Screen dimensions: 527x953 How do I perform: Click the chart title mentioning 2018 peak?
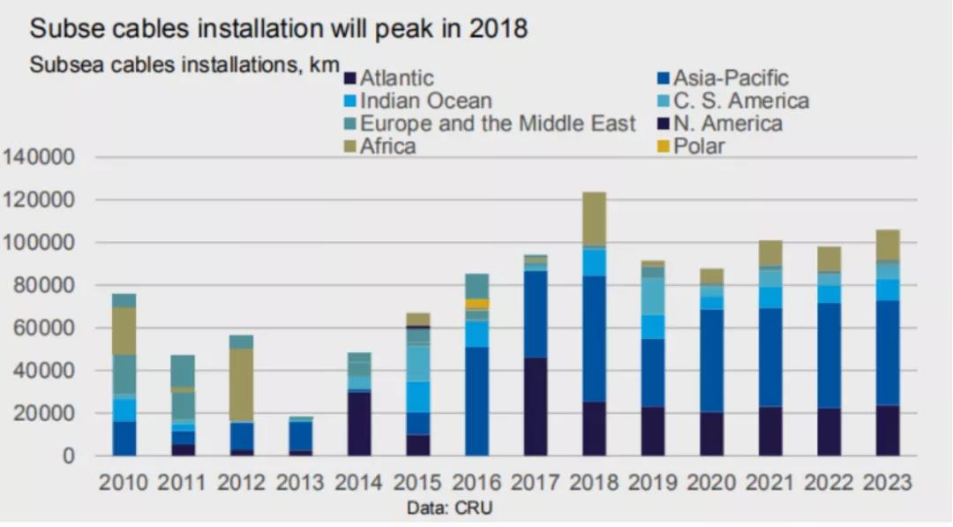pos(278,29)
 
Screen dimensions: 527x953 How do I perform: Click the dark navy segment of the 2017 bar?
pos(535,406)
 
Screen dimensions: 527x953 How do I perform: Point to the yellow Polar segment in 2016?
pos(476,304)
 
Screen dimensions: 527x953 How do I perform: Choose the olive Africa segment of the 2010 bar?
pos(124,330)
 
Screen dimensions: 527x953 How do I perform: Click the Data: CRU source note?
pos(448,508)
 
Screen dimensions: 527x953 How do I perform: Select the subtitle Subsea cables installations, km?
pos(184,65)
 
